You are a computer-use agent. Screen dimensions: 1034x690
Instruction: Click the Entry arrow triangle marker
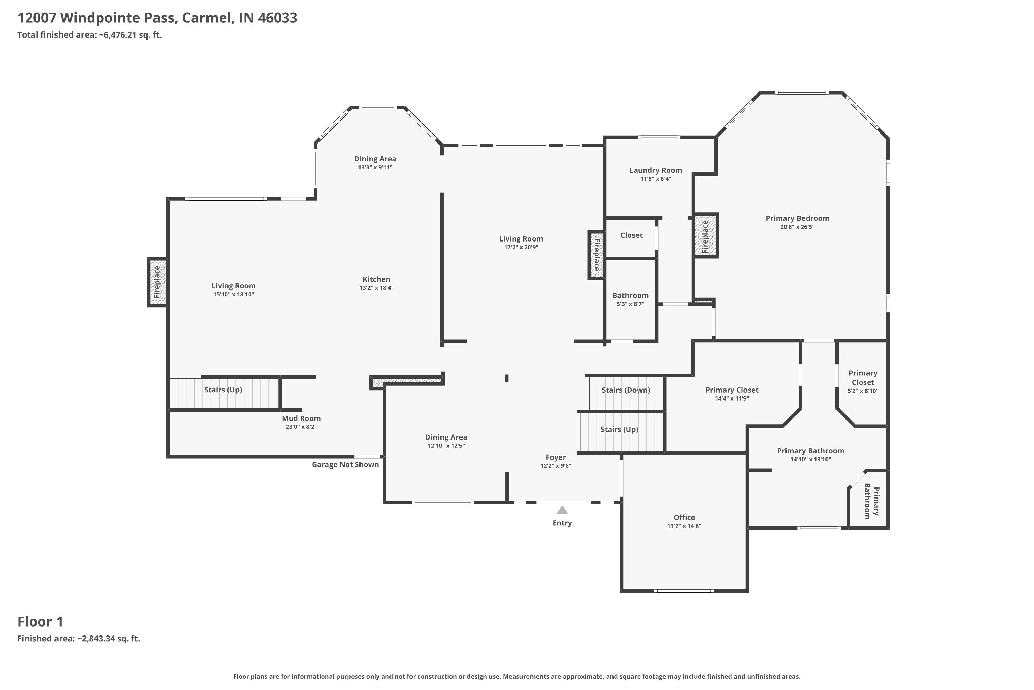pyautogui.click(x=562, y=511)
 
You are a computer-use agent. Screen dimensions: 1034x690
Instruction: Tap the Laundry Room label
pyautogui.click(x=656, y=170)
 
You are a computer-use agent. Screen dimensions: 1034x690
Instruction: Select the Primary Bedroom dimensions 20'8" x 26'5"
pyautogui.click(x=798, y=227)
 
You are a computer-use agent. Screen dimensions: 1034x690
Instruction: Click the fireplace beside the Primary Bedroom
pyautogui.click(x=706, y=235)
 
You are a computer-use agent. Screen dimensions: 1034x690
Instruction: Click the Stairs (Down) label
pyautogui.click(x=626, y=390)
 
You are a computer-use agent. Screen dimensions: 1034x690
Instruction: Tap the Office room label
pyautogui.click(x=684, y=517)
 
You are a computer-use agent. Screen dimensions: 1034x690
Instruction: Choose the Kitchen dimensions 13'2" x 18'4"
pyautogui.click(x=376, y=288)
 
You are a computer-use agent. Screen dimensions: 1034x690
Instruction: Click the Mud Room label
pyautogui.click(x=301, y=418)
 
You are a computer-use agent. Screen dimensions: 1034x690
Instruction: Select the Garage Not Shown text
pyautogui.click(x=345, y=465)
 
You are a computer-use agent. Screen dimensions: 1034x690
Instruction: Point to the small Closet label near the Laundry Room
pyautogui.click(x=631, y=235)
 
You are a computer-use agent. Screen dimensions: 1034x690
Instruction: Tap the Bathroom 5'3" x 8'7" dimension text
pyautogui.click(x=630, y=304)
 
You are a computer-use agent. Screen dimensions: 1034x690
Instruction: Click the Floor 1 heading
pyautogui.click(x=40, y=621)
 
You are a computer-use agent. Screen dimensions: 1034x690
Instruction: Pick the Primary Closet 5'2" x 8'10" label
pyautogui.click(x=863, y=382)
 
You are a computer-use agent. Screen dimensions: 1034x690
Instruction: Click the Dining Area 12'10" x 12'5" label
pyautogui.click(x=446, y=441)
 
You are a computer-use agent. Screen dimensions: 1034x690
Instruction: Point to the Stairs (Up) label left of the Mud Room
pyautogui.click(x=223, y=390)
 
